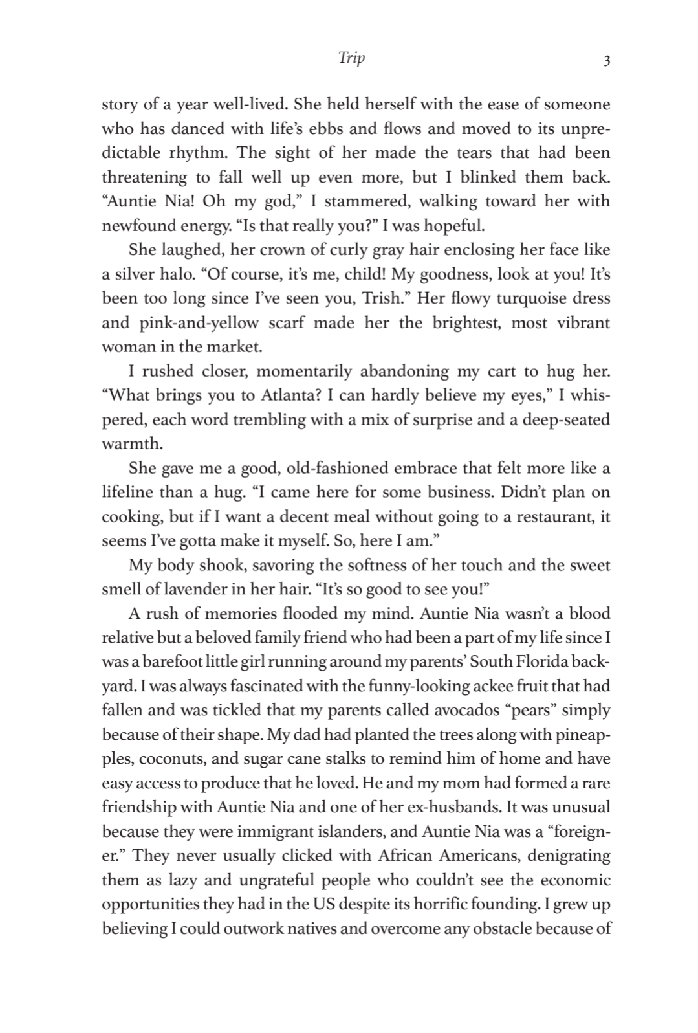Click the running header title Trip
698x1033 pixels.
(x=351, y=58)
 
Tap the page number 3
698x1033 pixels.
(x=606, y=61)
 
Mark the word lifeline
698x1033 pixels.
(x=127, y=493)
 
